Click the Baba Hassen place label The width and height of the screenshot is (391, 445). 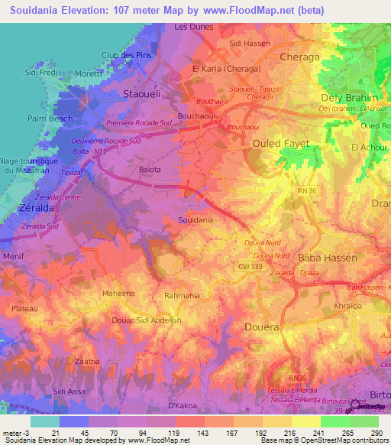[327, 258]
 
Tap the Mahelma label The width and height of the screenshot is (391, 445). [118, 294]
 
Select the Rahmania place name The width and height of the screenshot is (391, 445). [183, 294]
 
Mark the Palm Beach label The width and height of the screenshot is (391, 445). [50, 119]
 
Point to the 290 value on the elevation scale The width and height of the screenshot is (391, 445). [376, 432]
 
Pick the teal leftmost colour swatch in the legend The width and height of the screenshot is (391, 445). [44, 421]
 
